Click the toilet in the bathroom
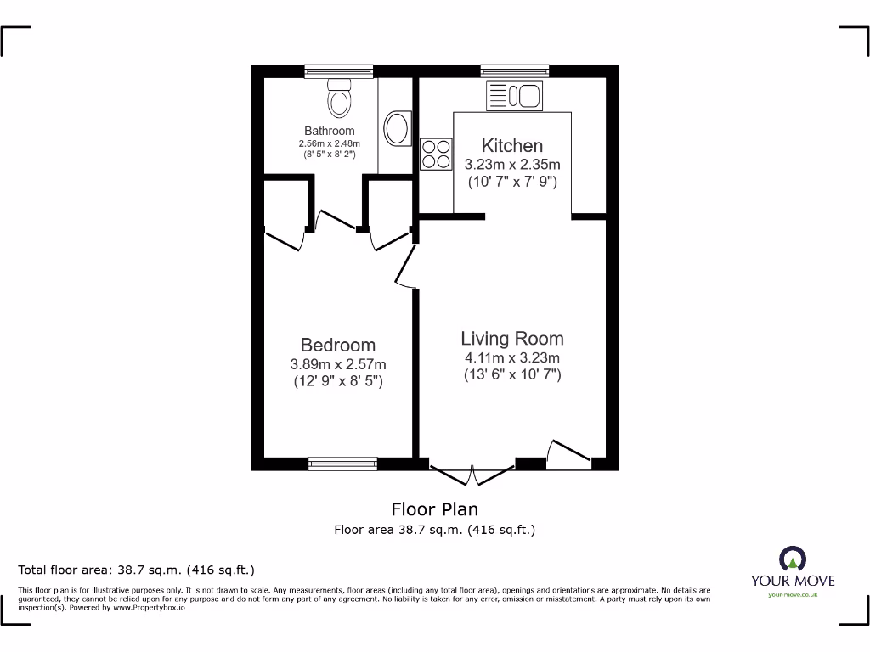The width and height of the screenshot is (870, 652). coord(340,98)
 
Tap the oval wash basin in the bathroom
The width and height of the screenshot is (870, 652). coord(396,129)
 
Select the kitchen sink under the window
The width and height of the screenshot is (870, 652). coord(514,97)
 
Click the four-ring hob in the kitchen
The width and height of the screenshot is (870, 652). coord(436,154)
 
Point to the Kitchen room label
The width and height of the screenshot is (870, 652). coord(511,145)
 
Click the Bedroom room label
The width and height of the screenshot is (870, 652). coord(337,345)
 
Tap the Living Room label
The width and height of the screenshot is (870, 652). coord(511,338)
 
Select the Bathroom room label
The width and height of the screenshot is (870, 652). coord(330,131)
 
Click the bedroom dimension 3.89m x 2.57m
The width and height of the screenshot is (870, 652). coord(337,364)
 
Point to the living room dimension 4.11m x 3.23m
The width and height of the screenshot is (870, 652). coord(511,357)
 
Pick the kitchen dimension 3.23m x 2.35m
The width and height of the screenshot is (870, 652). coord(511,165)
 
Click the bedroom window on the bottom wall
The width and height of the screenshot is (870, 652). coord(342,464)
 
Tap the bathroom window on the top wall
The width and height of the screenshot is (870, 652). coord(339,71)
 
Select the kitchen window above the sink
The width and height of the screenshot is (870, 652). coord(514,71)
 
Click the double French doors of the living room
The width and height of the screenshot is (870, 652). coord(472,473)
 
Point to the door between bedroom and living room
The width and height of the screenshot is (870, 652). coord(405,270)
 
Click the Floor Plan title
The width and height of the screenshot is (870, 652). coord(434,509)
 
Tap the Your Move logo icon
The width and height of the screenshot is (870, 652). coord(792,559)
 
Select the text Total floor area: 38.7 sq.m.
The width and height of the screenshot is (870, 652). coord(136,570)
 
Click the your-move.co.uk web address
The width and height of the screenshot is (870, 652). coord(792,595)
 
